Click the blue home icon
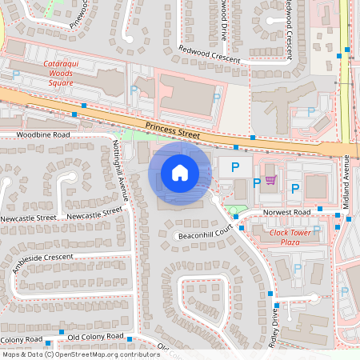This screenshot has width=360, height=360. [x=180, y=173]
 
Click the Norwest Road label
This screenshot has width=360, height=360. [x=286, y=212]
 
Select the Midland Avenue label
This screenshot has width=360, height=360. [x=346, y=182]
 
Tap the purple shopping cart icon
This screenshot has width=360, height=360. [x=270, y=180]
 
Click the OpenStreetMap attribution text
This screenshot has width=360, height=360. [x=81, y=354]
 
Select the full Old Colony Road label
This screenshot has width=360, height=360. [x=96, y=336]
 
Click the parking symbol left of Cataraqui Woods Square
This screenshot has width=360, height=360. [x=16, y=74]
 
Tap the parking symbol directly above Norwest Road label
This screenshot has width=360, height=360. [x=295, y=189]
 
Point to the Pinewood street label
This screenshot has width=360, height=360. [x=80, y=16]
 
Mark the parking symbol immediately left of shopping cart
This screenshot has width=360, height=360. [x=256, y=183]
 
